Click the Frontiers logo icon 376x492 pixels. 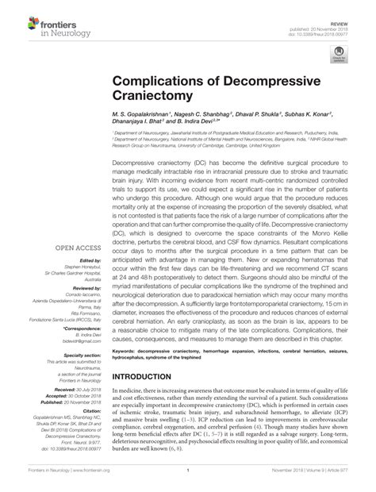(16, 15)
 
